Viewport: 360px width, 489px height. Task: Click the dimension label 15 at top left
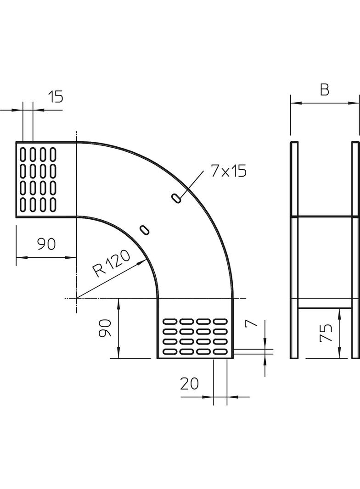55,97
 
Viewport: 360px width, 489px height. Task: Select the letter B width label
325,90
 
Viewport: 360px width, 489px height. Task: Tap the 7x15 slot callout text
228,171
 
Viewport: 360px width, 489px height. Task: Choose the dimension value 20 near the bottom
189,383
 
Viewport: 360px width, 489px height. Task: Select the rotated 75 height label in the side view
326,333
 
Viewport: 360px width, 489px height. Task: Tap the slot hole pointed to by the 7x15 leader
176,198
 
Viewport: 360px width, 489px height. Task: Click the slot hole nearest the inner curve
145,229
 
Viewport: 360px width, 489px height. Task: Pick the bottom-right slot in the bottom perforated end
222,352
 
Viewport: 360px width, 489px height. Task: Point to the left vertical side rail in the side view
294,250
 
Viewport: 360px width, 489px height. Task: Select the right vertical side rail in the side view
355,250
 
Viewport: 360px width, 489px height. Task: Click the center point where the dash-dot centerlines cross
76,298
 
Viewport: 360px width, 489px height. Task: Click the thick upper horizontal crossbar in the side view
325,216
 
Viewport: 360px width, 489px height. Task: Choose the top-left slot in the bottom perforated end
170,321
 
